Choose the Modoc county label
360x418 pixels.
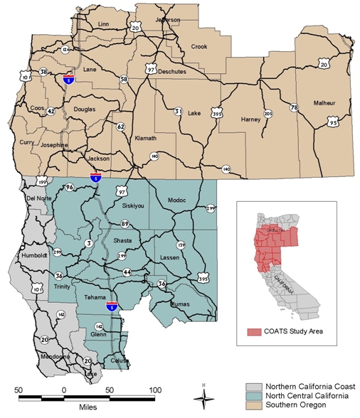(x=177, y=200)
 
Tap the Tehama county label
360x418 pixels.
(x=95, y=297)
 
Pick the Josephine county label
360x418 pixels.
(x=54, y=144)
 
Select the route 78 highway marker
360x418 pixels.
(x=293, y=108)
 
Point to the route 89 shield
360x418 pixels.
(x=125, y=224)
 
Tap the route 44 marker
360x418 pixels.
(x=127, y=272)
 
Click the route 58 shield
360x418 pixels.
(x=124, y=80)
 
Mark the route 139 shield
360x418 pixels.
(x=181, y=245)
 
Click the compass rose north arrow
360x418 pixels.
(x=203, y=395)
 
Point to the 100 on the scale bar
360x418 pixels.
(x=154, y=390)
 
